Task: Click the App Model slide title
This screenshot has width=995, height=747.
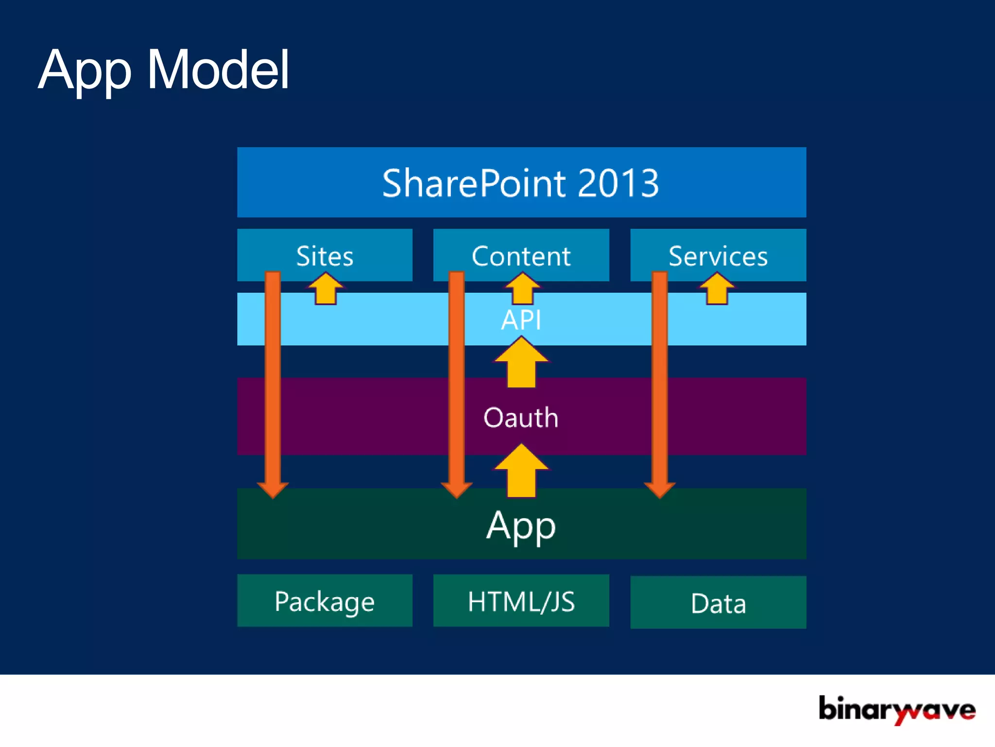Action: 164,71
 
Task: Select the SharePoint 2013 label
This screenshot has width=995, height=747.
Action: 520,183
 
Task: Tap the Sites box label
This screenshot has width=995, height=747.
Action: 325,256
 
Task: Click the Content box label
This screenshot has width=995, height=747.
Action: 521,256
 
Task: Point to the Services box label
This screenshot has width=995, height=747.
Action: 718,256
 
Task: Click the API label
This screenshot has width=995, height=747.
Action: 521,320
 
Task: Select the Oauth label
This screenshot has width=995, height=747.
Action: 521,417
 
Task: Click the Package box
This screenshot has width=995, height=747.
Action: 325,601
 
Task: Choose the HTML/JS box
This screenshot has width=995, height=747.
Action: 521,601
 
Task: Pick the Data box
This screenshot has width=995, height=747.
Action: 718,603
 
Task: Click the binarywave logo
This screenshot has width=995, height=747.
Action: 897,710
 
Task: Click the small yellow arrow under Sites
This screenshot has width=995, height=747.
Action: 326,289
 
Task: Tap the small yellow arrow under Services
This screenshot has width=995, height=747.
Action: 717,289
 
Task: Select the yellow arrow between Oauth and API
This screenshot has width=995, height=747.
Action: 521,363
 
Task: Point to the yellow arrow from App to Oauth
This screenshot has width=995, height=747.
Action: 521,472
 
